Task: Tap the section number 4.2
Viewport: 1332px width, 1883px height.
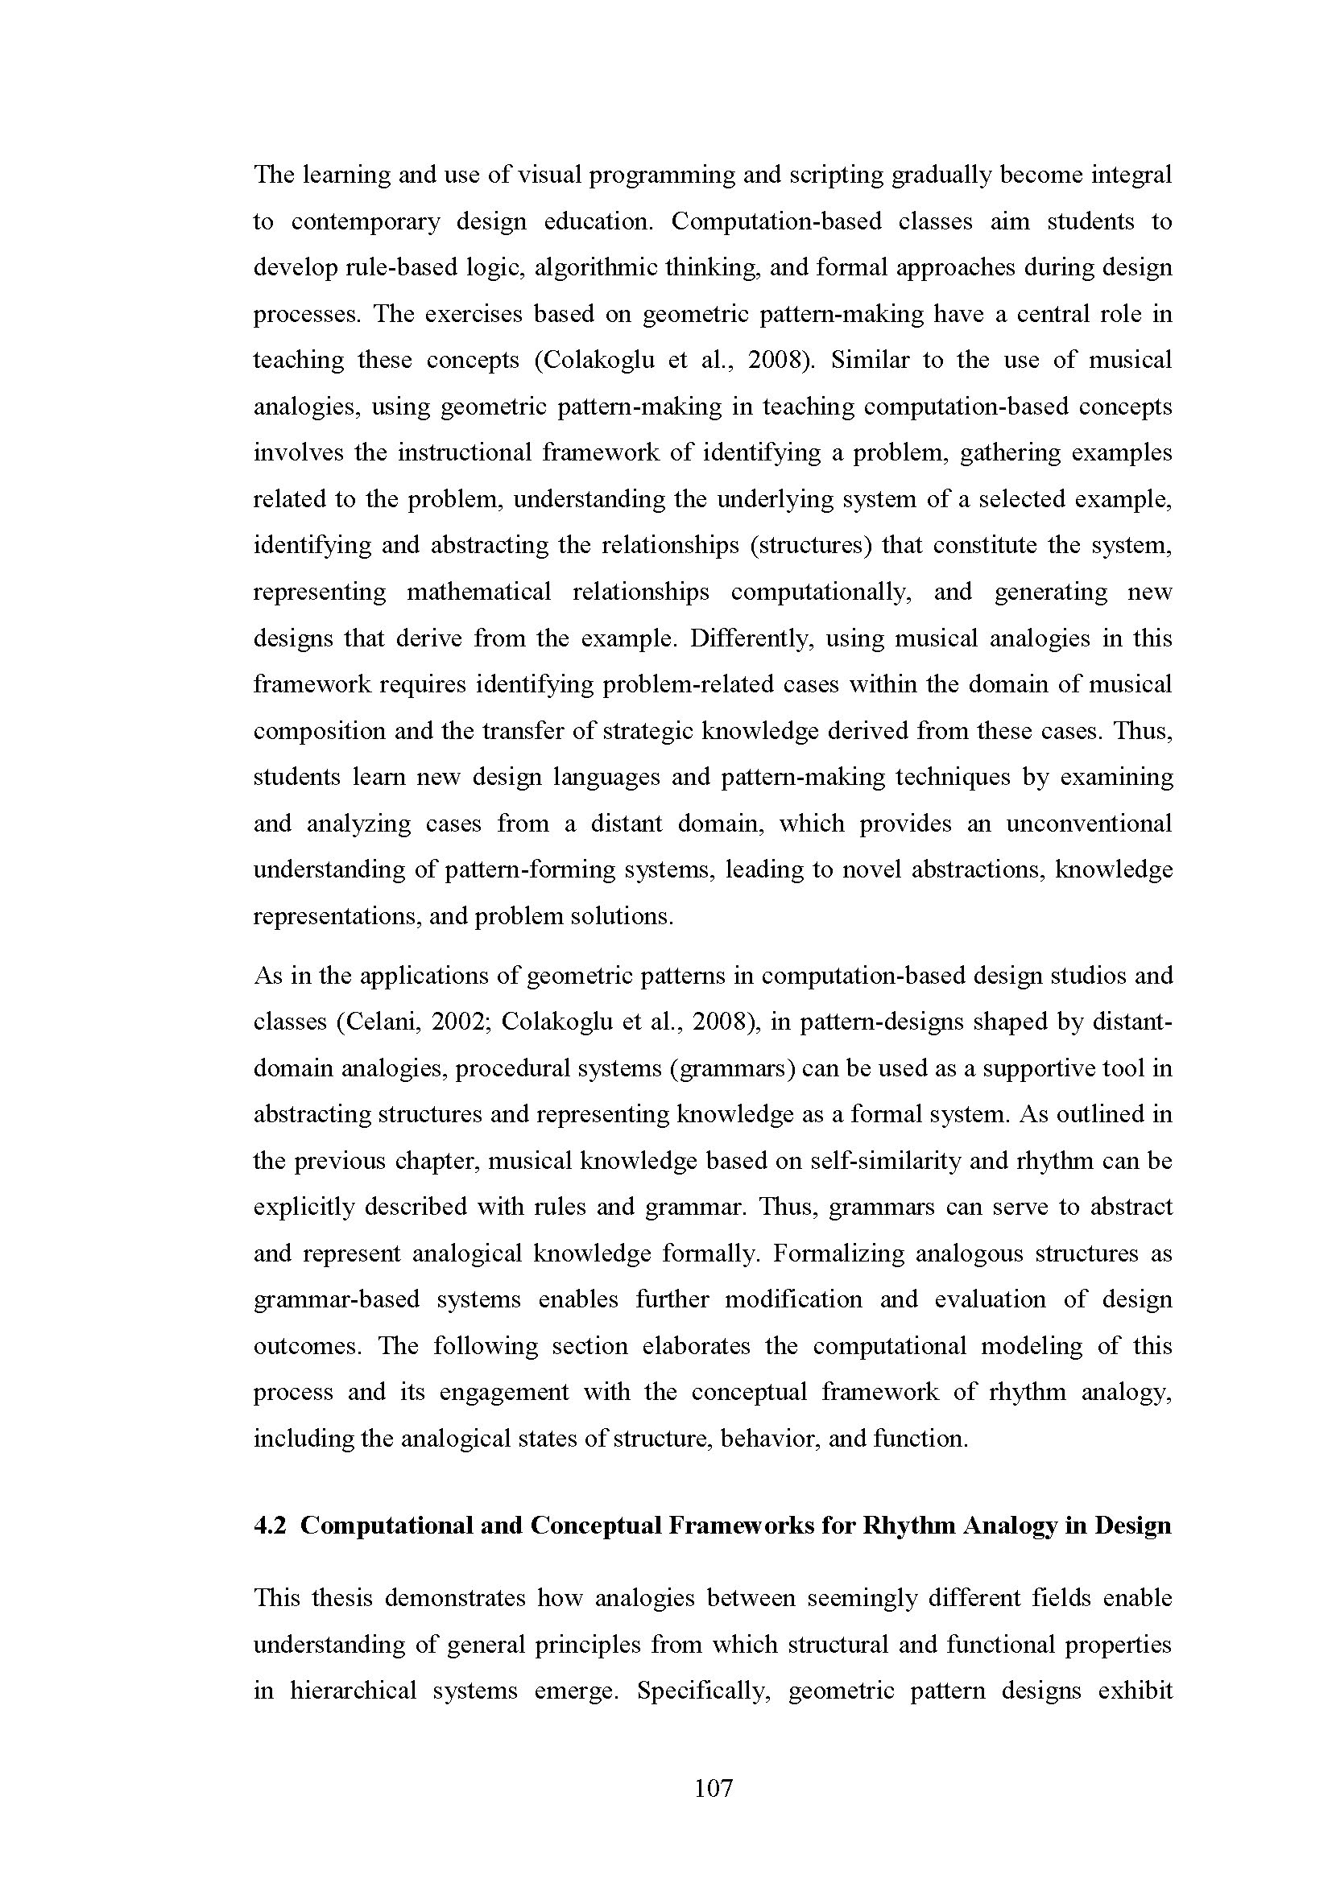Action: [269, 1526]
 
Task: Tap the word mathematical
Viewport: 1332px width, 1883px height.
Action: [479, 593]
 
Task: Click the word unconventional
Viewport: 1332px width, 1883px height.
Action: [1089, 824]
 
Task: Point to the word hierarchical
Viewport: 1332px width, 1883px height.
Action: [354, 1691]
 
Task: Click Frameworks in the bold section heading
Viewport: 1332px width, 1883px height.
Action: [752, 1526]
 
